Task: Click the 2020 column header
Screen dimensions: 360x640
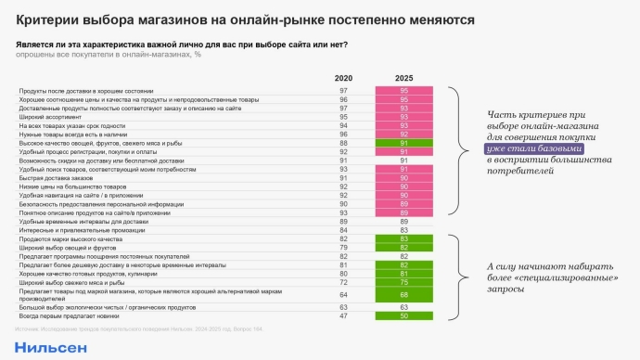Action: point(343,78)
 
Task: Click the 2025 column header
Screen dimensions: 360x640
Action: point(404,78)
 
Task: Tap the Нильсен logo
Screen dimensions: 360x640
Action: point(51,347)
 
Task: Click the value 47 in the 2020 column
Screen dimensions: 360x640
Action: point(343,316)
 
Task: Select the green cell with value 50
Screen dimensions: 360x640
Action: point(404,316)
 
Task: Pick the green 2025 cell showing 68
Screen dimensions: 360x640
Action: point(404,294)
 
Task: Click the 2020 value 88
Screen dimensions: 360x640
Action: point(343,143)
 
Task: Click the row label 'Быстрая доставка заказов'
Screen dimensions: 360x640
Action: point(55,177)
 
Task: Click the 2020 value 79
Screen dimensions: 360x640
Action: point(343,247)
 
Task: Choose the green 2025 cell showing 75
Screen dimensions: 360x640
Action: point(404,282)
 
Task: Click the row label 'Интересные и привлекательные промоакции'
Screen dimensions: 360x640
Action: point(78,229)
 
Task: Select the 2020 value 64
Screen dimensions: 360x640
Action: point(343,294)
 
